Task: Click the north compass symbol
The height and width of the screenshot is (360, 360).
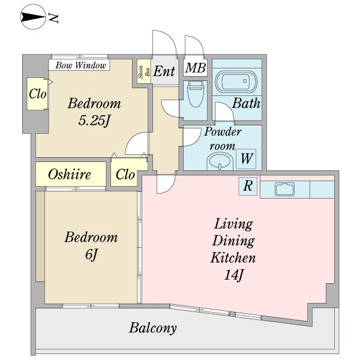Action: [x=33, y=17]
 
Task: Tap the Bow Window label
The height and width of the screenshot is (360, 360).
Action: [x=80, y=65]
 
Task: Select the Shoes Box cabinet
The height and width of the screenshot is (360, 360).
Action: [x=144, y=71]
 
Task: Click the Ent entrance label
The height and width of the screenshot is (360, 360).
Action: [x=164, y=71]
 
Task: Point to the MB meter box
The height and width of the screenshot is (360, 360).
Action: [x=196, y=68]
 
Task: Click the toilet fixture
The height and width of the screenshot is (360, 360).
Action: [x=196, y=94]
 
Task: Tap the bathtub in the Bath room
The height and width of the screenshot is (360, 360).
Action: [x=236, y=81]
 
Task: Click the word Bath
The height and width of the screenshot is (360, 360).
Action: [x=246, y=103]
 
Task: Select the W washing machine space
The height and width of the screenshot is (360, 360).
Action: [x=246, y=159]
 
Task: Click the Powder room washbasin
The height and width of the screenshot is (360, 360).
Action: [x=220, y=161]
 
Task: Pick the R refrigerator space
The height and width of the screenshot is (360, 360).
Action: [x=248, y=186]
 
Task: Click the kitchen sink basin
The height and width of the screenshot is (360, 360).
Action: [x=284, y=189]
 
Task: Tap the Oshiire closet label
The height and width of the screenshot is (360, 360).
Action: [x=70, y=174]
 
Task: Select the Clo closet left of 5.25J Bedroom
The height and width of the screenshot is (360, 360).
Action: [x=37, y=94]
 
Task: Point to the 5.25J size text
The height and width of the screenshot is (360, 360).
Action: [x=94, y=121]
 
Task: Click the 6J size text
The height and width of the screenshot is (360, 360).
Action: [x=91, y=254]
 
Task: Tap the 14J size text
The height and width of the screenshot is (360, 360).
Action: [x=233, y=275]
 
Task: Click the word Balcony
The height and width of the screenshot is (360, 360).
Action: [x=153, y=328]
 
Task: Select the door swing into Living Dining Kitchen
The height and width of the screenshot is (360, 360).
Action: [x=166, y=184]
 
